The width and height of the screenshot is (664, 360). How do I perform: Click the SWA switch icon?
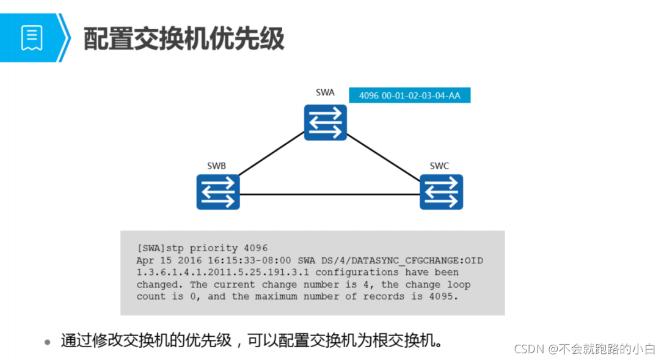pos(326,122)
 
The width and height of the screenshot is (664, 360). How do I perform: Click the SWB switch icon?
pos(218,192)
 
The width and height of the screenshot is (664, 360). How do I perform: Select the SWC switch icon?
pos(441,192)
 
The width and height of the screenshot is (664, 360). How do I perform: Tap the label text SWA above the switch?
pos(325,93)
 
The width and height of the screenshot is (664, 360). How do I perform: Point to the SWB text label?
pos(217,166)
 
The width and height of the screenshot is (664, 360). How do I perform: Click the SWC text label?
pos(439,166)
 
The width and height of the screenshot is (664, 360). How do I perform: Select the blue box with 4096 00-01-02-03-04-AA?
pos(409,95)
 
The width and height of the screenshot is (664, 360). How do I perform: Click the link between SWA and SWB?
pos(272,156)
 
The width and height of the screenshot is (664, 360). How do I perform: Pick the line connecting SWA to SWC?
pos(384,156)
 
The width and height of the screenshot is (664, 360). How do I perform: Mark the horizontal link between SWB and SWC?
pos(330,194)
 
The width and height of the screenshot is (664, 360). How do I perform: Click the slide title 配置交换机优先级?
pos(184,39)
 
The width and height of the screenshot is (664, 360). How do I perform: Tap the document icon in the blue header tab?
pos(32,38)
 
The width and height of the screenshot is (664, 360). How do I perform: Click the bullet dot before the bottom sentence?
pos(48,342)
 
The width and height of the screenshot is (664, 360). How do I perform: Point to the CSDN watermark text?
pos(585,349)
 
